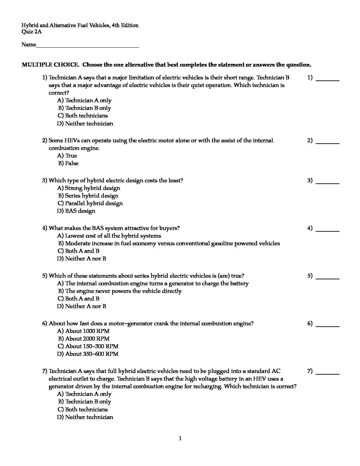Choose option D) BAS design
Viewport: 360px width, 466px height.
76,211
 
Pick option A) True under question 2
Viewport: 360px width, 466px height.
67,156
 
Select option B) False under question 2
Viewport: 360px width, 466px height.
68,163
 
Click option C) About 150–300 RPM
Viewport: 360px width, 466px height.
88,346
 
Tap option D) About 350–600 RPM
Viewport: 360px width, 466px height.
88,354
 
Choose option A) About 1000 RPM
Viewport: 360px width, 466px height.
83,331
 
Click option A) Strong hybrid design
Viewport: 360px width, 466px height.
89,188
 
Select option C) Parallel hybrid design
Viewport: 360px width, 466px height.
90,203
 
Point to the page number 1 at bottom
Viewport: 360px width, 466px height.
180,439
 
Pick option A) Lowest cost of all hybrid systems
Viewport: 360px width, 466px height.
109,236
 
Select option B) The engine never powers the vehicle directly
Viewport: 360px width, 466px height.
120,291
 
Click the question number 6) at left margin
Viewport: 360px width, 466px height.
45,323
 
